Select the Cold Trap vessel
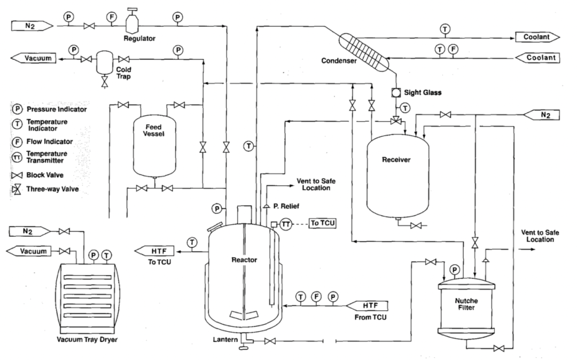tap(105, 62)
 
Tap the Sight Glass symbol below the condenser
tap(396, 92)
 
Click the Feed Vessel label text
tap(153, 130)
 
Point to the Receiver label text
tap(396, 160)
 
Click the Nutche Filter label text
tap(466, 304)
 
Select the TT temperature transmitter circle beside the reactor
tap(286, 224)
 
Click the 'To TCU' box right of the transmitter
tap(323, 223)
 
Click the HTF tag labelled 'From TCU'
tap(367, 306)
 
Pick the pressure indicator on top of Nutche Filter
tap(455, 270)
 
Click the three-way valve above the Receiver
tap(396, 120)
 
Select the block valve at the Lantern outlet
tap(270, 341)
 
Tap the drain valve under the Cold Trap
tap(105, 82)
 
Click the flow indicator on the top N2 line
tap(112, 17)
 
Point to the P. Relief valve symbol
tap(266, 207)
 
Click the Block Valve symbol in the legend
tap(17, 175)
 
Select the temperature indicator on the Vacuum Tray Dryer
tap(106, 255)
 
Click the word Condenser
tap(339, 61)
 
